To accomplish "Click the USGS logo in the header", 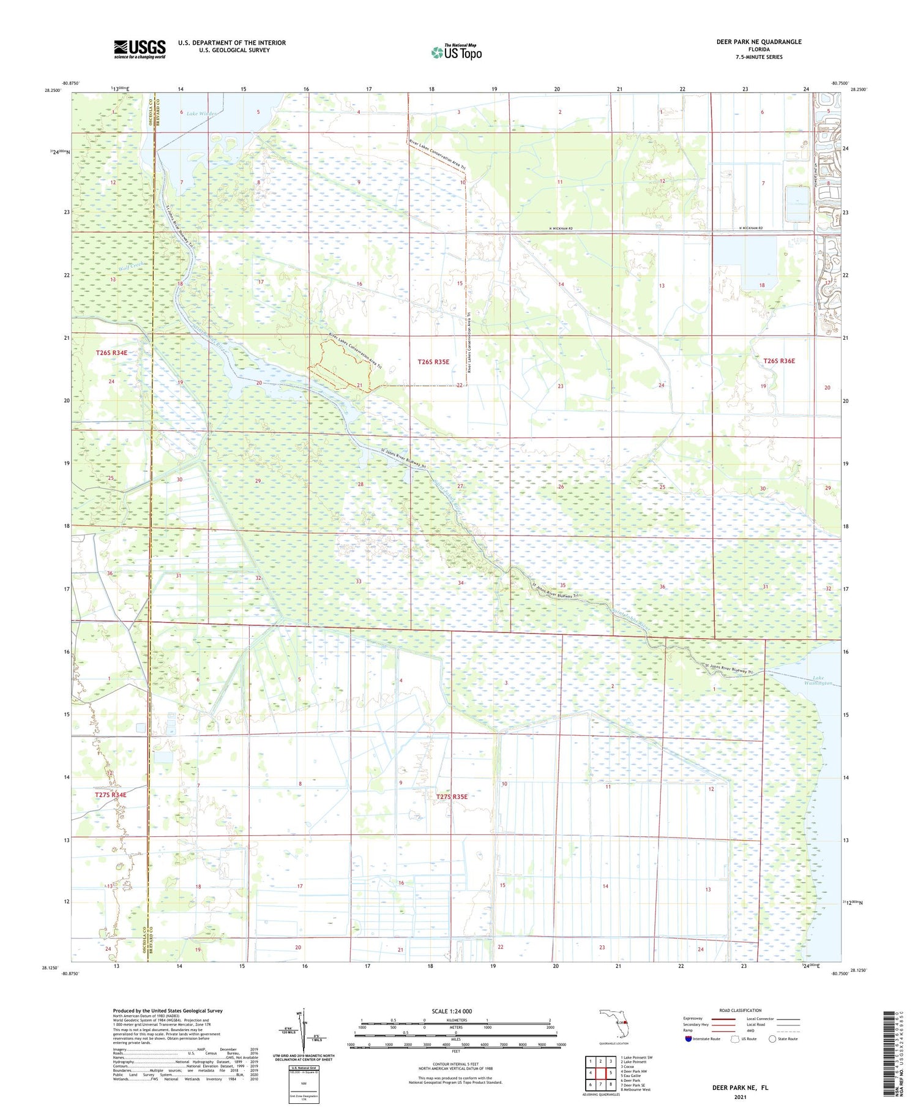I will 140,49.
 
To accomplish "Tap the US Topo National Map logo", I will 456,52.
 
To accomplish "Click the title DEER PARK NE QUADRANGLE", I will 758,42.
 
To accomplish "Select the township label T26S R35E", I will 433,362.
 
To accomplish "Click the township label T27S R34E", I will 111,795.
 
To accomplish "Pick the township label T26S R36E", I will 778,361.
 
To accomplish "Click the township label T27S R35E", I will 452,797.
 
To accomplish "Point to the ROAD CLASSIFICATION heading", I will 741,1010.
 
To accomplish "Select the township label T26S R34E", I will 111,353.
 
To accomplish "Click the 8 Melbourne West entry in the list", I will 636,1090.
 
